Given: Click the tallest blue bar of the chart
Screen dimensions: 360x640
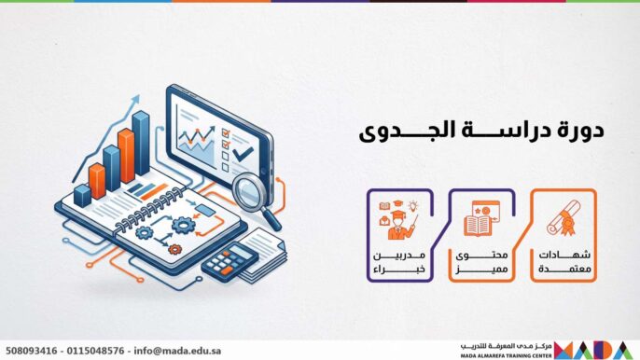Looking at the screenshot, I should tap(142, 142).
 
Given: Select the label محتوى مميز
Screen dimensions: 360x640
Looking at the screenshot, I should tap(484, 262).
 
